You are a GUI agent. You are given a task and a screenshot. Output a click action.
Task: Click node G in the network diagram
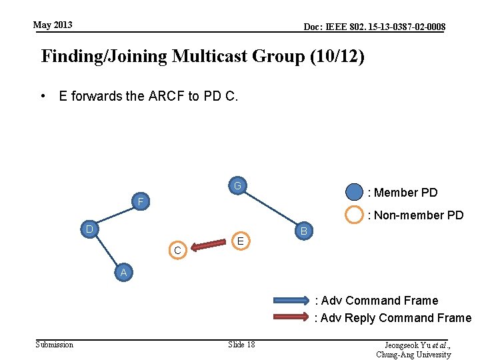pos(237,185)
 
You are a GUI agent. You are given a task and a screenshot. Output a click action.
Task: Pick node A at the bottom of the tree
pos(123,272)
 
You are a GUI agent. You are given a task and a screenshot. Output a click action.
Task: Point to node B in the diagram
pos(303,231)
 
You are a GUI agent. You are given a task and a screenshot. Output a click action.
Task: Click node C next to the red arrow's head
pos(177,251)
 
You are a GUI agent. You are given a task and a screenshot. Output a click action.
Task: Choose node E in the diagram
pos(241,240)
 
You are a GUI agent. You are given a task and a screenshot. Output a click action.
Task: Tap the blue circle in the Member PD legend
pos(354,193)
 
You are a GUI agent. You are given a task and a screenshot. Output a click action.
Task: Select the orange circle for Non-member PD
pos(354,215)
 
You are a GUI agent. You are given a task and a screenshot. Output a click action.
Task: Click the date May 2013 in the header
pos(53,25)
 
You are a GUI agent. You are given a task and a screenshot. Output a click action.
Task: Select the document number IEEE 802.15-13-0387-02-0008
pos(375,27)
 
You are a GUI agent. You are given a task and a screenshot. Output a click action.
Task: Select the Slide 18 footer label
pos(241,344)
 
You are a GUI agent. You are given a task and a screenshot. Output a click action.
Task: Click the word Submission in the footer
pos(55,344)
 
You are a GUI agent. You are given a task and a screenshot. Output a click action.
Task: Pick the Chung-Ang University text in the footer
pos(413,355)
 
